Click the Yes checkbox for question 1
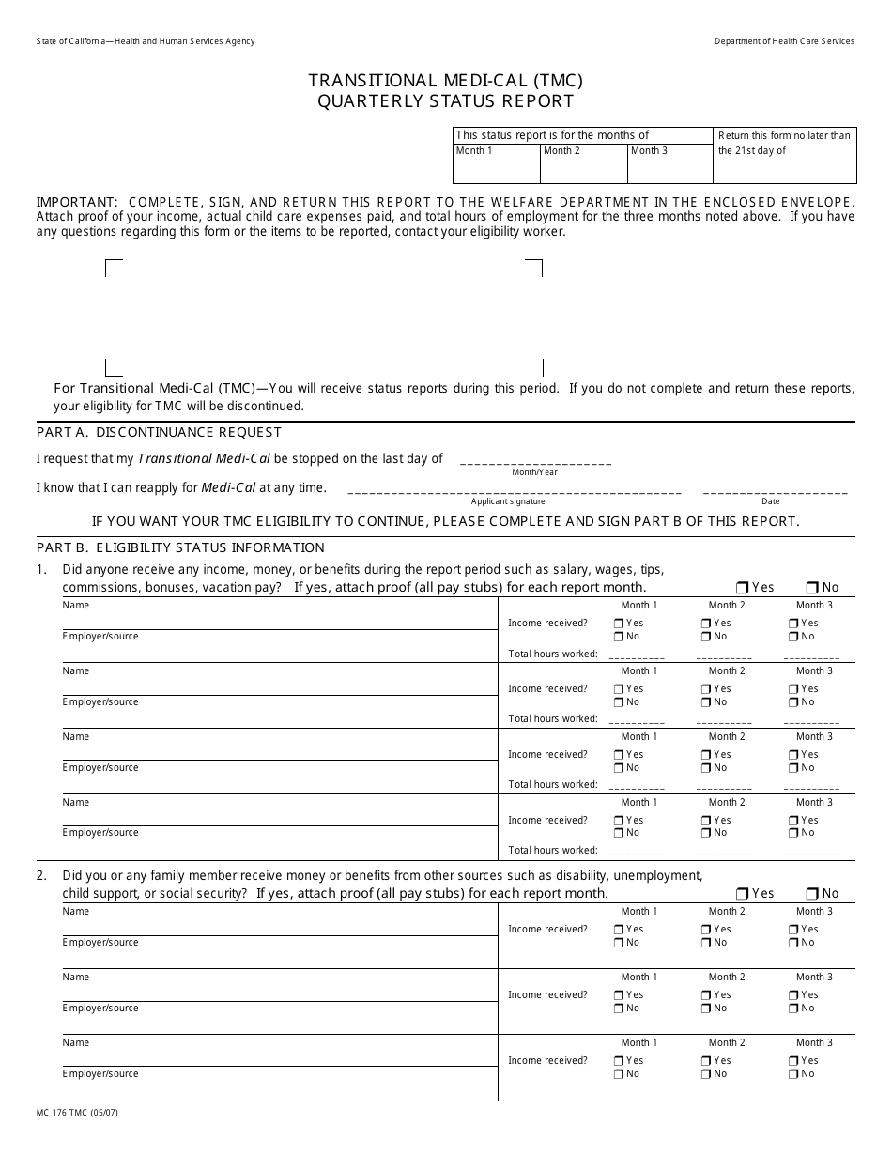[743, 588]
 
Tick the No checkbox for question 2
[812, 894]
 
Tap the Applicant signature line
[514, 491]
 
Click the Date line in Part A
[775, 491]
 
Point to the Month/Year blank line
[535, 462]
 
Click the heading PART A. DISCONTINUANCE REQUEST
[159, 432]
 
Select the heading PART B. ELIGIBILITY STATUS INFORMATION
[180, 547]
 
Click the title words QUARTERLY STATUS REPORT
[445, 101]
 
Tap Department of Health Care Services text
[784, 41]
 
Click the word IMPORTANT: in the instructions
[77, 202]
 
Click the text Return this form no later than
[784, 135]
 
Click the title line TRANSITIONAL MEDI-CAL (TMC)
[445, 81]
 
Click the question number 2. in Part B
[41, 876]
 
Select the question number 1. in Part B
[41, 569]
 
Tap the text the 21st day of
[752, 150]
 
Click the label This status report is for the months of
[552, 135]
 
